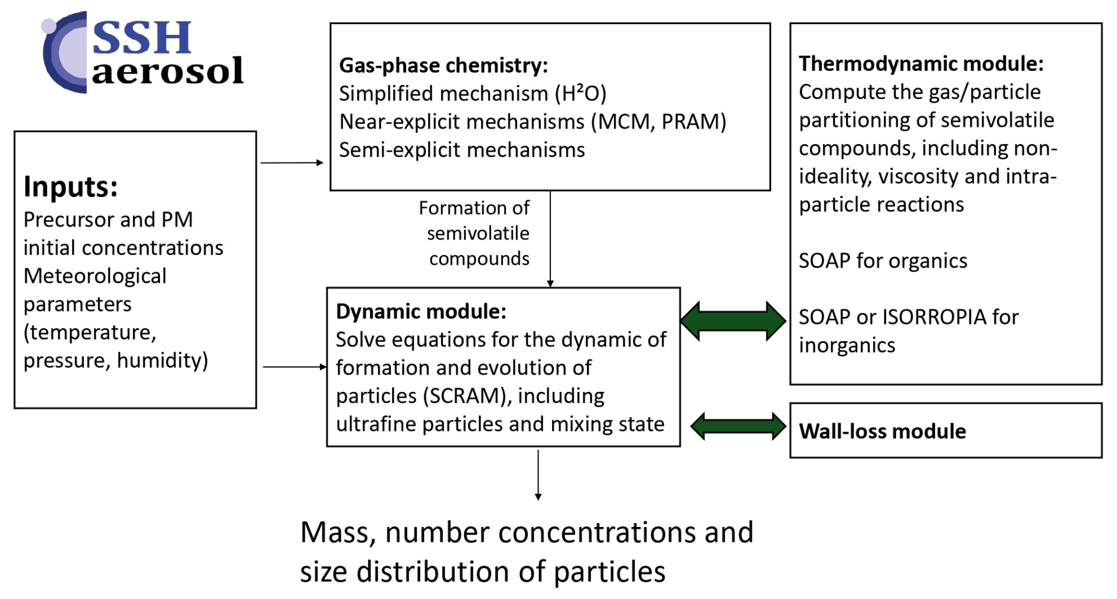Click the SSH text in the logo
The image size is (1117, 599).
[142, 38]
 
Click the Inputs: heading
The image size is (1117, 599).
[71, 186]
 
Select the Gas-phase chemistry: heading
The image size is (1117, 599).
[443, 66]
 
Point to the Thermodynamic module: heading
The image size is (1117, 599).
[921, 64]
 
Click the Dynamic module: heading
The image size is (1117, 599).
[421, 312]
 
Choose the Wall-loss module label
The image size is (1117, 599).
[882, 431]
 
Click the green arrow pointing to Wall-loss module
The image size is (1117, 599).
[738, 426]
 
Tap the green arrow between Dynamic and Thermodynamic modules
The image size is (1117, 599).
[733, 321]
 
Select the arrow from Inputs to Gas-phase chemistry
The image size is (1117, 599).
[292, 162]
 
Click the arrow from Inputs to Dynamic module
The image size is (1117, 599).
[294, 367]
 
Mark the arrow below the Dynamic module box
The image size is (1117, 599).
[538, 474]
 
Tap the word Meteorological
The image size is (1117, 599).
[95, 276]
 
